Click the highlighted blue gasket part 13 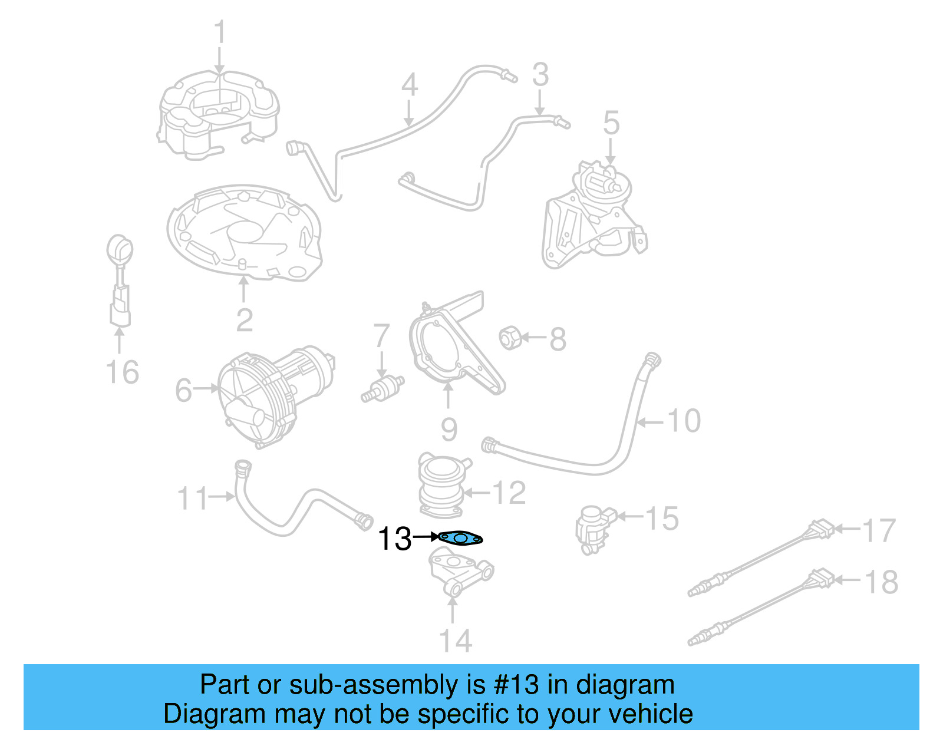[461, 537]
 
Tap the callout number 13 [394, 539]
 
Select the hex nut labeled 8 [509, 338]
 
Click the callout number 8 [558, 339]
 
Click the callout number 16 [122, 372]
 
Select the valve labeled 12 [441, 484]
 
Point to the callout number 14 [455, 641]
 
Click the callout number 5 [611, 123]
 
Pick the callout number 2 [245, 320]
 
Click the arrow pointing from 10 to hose [652, 422]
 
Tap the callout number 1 [220, 32]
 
